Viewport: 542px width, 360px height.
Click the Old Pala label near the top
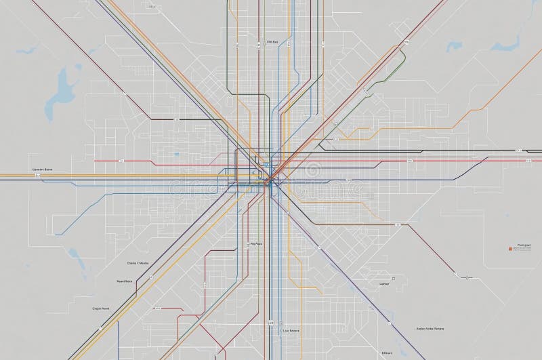pos(273,41)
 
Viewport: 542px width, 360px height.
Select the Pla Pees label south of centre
pos(256,242)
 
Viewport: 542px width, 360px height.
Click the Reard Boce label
pos(124,281)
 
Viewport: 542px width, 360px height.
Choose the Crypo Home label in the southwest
pos(101,308)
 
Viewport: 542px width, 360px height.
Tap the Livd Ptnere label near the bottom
pos(291,330)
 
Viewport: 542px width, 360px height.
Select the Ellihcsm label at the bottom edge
pos(387,353)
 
